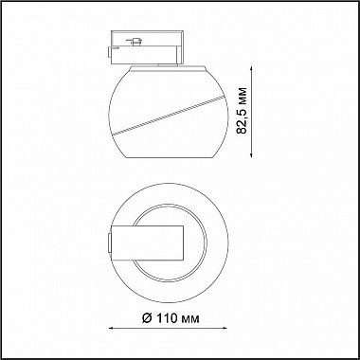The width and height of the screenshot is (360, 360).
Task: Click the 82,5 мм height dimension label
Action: click(242, 111)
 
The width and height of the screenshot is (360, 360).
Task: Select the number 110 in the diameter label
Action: click(167, 318)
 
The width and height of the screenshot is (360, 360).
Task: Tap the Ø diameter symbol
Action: click(147, 318)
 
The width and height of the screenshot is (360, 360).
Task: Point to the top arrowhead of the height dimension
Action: click(251, 69)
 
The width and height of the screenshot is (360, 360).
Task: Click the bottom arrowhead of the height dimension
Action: click(251, 154)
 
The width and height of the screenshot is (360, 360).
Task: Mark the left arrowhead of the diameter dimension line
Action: click(112, 329)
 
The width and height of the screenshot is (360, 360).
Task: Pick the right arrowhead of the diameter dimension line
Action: click(224, 329)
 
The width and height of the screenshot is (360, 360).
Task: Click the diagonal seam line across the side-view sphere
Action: click(169, 115)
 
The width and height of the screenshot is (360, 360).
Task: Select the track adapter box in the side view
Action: click(146, 47)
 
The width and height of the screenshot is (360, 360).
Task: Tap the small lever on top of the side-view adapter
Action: click(135, 42)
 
